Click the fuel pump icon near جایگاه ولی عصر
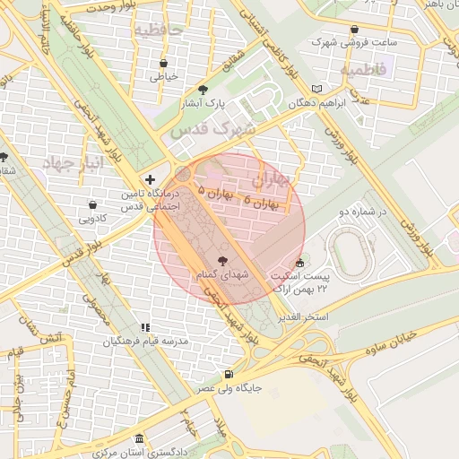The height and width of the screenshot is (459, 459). (229, 374)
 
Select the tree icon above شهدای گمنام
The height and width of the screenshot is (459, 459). (222, 259)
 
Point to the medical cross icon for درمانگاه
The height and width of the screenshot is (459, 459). (150, 179)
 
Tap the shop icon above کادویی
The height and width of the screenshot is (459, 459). (94, 204)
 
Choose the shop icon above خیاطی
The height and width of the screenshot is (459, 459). (163, 64)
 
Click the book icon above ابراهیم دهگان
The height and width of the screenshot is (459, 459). (316, 89)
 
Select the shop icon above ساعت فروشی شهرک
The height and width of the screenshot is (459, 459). (356, 29)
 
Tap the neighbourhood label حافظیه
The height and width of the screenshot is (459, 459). (158, 30)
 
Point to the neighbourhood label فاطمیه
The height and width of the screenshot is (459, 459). (362, 68)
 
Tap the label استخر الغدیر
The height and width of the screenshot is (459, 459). (303, 318)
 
